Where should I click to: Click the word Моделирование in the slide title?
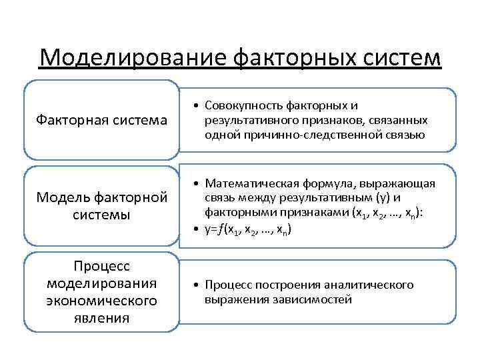point(133,58)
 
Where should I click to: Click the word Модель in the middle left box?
point(61,198)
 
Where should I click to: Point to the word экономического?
point(101,301)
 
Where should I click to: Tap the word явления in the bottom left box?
point(101,317)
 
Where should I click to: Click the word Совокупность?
point(243,106)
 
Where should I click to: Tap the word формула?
point(337,183)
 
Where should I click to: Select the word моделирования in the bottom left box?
point(101,283)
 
